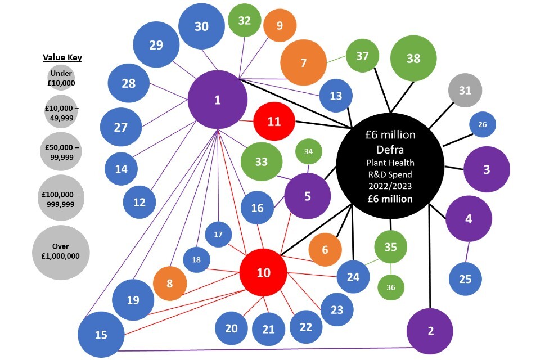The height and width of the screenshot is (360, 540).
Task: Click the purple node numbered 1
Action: point(218,100)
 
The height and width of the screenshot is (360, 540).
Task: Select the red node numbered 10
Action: point(263,273)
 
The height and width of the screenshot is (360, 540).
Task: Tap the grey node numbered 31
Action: point(465,90)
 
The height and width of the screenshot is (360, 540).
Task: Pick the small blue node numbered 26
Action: point(483,124)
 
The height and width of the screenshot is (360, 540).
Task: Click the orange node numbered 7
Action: point(304,62)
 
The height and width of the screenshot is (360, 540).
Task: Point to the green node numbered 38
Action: point(413,58)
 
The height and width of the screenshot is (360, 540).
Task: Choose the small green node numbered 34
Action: point(308,151)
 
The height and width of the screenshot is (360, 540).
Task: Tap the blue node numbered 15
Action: point(101,335)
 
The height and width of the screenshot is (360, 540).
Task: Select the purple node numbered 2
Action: point(430,331)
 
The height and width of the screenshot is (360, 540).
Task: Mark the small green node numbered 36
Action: point(391,287)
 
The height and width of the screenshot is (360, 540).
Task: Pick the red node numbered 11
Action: point(274,121)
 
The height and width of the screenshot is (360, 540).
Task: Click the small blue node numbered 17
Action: point(218,235)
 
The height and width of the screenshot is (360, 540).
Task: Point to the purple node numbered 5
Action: point(307,196)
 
